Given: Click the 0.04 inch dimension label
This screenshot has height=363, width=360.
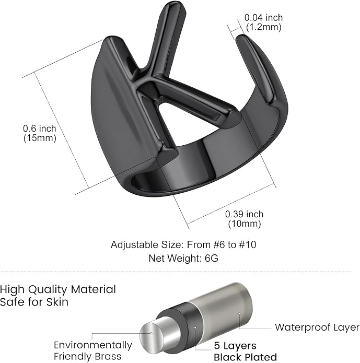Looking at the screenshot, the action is click(263, 18).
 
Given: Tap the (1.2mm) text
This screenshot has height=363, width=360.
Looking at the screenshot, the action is click(264, 27).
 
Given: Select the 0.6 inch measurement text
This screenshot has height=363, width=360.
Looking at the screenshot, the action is click(40, 128).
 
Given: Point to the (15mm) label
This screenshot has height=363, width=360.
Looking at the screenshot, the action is click(40, 138).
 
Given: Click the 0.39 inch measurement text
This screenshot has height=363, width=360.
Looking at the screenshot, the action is click(244, 214).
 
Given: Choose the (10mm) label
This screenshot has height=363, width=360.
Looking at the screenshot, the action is click(245, 224).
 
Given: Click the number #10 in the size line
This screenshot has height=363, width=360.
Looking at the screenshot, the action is click(248, 244).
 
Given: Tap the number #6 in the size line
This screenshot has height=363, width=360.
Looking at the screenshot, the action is click(219, 244).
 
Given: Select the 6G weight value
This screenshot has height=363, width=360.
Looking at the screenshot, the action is click(212, 258).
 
